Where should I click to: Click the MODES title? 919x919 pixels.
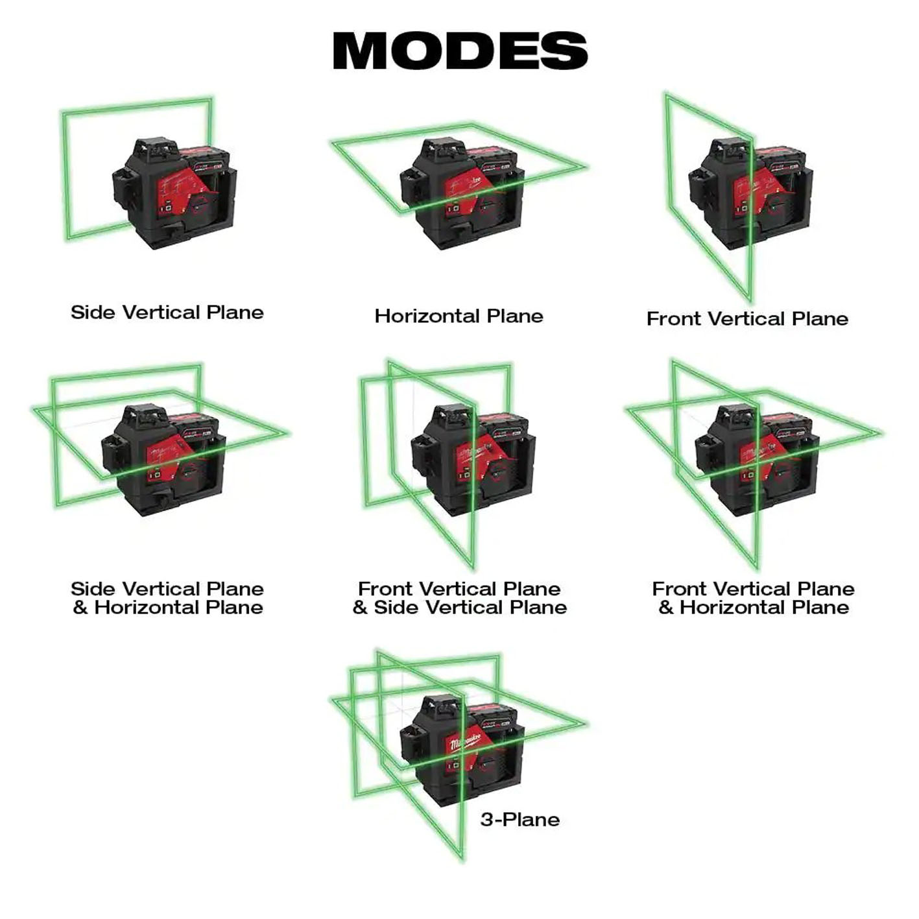click(x=459, y=50)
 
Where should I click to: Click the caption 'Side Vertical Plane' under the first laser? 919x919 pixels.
click(x=167, y=313)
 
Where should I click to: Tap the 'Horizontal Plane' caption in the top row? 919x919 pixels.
click(x=459, y=316)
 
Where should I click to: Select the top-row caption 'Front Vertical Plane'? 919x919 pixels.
click(x=747, y=319)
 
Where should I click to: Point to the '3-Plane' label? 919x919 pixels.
click(x=519, y=820)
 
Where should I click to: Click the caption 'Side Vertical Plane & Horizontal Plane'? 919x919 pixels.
click(x=167, y=598)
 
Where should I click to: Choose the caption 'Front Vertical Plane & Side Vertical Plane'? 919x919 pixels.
click(x=459, y=598)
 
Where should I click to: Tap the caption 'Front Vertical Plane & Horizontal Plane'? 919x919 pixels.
click(x=753, y=598)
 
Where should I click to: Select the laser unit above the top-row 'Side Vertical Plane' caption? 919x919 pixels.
click(x=174, y=193)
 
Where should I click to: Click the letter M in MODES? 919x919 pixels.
click(x=361, y=50)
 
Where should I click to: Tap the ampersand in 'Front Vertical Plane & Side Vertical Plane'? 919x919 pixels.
click(x=360, y=608)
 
